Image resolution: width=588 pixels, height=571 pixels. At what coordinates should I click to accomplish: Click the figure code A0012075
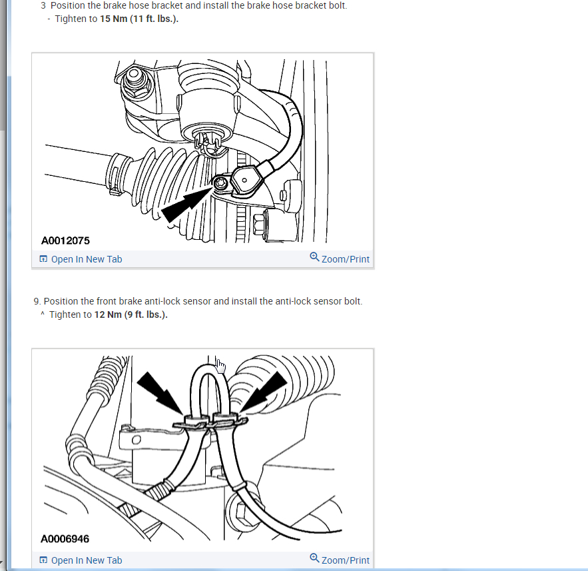click(x=65, y=241)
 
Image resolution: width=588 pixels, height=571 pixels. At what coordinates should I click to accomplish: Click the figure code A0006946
click(x=65, y=539)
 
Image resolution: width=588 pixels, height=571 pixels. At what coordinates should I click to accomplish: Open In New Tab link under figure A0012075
click(x=81, y=259)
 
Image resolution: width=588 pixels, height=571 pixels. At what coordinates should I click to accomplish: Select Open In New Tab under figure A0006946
click(x=81, y=560)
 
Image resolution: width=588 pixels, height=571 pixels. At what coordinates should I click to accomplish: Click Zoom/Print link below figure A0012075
click(x=340, y=259)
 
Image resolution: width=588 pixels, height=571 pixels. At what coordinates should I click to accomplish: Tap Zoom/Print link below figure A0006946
click(x=340, y=560)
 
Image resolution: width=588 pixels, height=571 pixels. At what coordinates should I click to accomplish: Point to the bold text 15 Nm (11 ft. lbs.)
click(x=139, y=19)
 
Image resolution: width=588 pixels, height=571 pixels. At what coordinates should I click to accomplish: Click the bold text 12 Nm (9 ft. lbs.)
click(x=131, y=314)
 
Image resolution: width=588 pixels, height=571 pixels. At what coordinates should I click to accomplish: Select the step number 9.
click(x=37, y=301)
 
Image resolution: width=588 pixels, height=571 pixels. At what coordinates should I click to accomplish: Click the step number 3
click(x=43, y=5)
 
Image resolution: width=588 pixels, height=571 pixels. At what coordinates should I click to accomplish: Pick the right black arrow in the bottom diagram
click(x=264, y=392)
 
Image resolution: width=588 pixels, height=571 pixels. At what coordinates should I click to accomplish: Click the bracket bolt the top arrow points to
click(x=219, y=183)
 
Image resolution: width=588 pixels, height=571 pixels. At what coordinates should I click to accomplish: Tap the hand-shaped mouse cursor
click(x=221, y=366)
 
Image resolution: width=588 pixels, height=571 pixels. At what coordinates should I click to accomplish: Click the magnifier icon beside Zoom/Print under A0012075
click(x=314, y=257)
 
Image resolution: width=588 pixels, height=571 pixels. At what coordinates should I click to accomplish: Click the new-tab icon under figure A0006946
click(x=43, y=560)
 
